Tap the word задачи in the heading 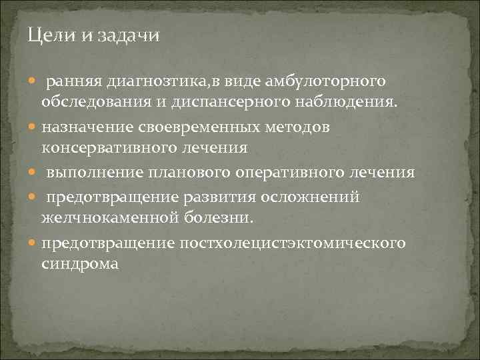129,36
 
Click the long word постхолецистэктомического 293,243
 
